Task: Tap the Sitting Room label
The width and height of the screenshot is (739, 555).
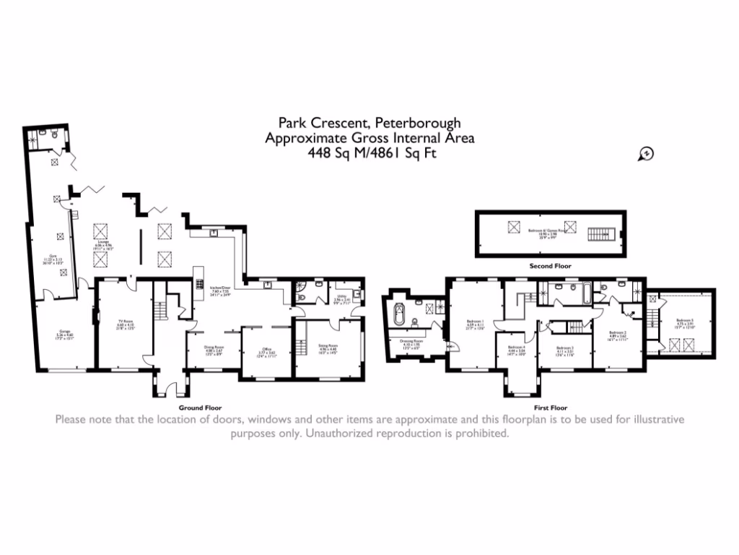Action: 328,347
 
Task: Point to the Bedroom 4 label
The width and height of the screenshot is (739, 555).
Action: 515,349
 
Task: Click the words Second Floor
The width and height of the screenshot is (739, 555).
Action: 551,266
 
